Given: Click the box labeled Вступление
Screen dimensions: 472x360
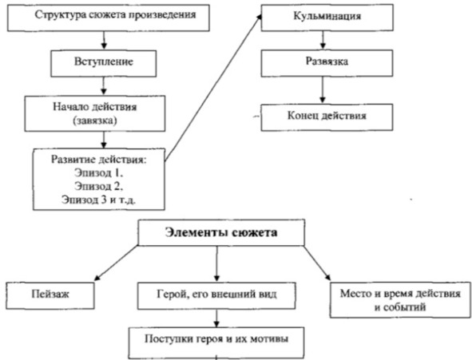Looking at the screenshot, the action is pyautogui.click(x=104, y=63).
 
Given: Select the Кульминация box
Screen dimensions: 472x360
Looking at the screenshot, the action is pyautogui.click(x=327, y=18).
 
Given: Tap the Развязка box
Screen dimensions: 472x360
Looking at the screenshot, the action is pyautogui.click(x=327, y=63).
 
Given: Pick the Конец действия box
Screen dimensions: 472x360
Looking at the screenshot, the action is pyautogui.click(x=327, y=117).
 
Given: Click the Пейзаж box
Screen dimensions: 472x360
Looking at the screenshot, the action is pyautogui.click(x=50, y=295).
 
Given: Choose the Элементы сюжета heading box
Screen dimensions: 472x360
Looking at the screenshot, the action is pyautogui.click(x=221, y=232).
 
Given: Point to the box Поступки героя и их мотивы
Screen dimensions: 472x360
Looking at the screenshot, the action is pyautogui.click(x=216, y=343).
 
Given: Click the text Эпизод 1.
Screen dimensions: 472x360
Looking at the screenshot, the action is pyautogui.click(x=99, y=173).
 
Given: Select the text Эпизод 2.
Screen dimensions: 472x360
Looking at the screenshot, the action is pyautogui.click(x=99, y=186).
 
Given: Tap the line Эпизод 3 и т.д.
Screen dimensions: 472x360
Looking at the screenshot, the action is pyautogui.click(x=99, y=200).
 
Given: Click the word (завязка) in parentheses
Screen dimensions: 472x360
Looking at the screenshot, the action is pyautogui.click(x=95, y=121).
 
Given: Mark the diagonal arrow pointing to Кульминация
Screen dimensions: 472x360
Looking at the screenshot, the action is pyautogui.click(x=213, y=87).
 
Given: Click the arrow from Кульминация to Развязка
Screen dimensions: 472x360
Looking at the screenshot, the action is pyautogui.click(x=323, y=40).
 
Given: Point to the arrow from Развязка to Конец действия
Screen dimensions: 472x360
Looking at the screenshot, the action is pyautogui.click(x=323, y=90).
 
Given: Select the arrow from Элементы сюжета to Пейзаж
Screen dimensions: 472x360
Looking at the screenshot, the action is pyautogui.click(x=117, y=263).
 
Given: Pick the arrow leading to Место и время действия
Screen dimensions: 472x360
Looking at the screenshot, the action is pyautogui.click(x=317, y=263).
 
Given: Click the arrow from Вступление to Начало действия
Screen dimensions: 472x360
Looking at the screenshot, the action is pyautogui.click(x=104, y=86).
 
